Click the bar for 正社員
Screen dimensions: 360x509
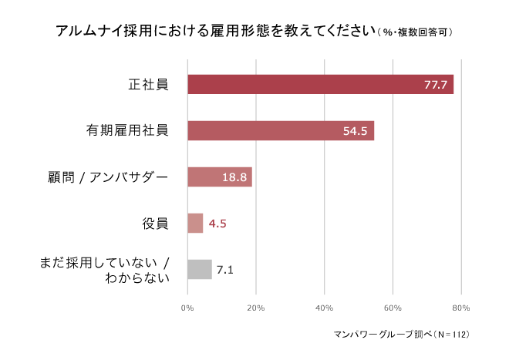(320, 84)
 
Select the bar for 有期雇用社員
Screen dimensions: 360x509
(281, 130)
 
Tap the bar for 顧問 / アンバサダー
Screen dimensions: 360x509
(220, 177)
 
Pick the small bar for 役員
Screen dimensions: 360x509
(195, 223)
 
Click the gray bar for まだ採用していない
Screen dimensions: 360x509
(200, 269)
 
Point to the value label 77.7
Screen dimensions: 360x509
(436, 84)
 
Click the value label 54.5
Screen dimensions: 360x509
(356, 130)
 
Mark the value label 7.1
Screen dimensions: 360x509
(225, 270)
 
